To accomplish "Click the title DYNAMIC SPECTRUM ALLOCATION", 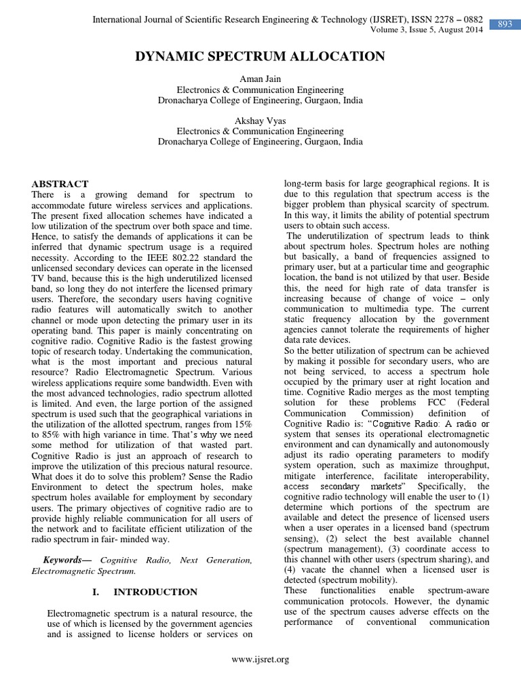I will click(x=260, y=57).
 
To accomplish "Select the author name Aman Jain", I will click(x=260, y=79).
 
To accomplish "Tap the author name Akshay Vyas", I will click(x=260, y=121).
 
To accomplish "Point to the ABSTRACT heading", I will click(x=60, y=184).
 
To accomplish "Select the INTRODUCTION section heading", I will click(x=155, y=592).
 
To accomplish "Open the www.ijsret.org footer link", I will click(x=260, y=659).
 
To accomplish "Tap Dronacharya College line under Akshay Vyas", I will click(x=260, y=142).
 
